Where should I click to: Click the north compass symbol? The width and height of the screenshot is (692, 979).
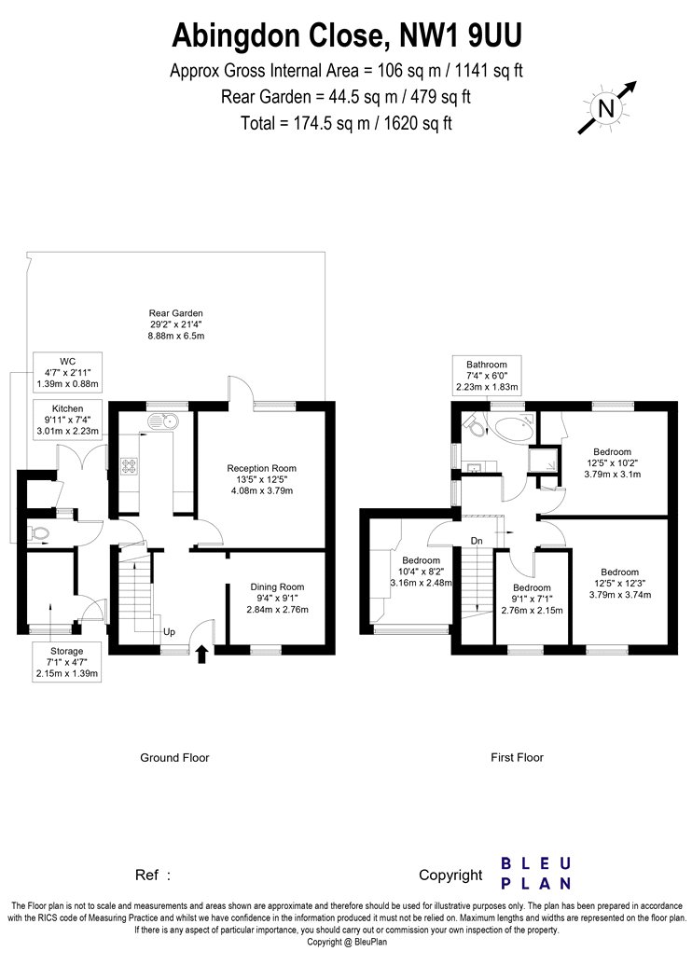point(606,107)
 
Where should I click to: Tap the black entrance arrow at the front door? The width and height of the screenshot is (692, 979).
point(201,655)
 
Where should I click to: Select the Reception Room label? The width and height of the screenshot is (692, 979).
point(262,479)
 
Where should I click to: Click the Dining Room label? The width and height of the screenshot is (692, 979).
point(277,599)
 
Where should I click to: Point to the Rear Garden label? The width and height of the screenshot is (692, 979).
point(175,324)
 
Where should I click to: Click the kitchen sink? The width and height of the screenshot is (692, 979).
point(162,422)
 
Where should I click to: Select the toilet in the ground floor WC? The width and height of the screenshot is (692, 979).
point(39,533)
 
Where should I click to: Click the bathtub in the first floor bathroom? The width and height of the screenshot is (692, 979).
point(513,429)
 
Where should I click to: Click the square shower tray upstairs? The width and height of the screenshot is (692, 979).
point(543,462)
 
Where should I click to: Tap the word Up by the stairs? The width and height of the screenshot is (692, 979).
point(169,632)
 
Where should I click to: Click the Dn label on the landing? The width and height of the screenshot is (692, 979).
point(477,540)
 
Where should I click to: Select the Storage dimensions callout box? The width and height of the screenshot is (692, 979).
point(67,662)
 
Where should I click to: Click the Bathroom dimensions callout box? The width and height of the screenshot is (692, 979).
point(487,375)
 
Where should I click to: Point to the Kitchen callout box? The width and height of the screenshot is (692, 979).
point(67,420)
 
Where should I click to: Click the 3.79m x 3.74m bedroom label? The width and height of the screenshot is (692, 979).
point(620,583)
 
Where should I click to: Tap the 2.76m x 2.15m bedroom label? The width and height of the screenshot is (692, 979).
point(533,599)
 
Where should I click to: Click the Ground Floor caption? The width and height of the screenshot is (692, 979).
point(174,757)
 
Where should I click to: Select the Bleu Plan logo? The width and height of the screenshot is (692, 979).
point(536,874)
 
